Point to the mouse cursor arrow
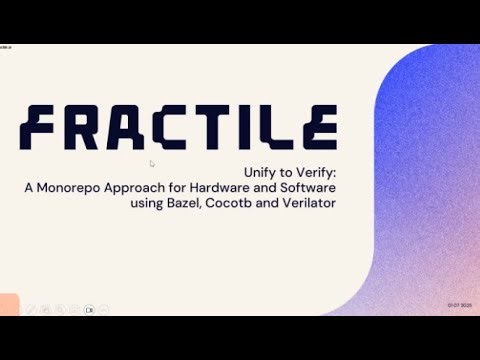pos(152,163)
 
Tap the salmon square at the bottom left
pos(9,304)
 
